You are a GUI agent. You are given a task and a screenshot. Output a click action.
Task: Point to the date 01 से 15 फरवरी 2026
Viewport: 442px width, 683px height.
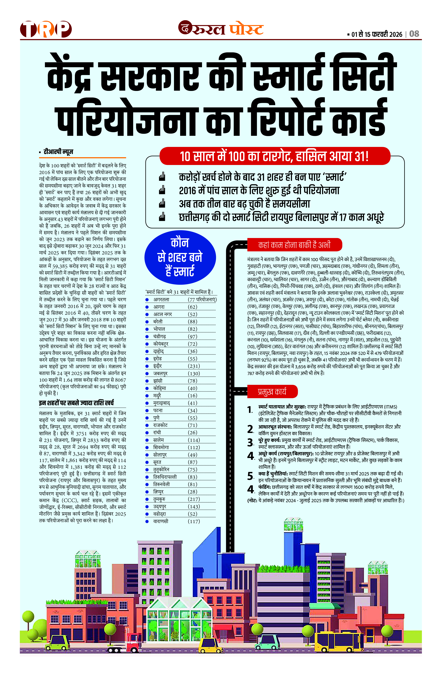coord(377,34)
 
